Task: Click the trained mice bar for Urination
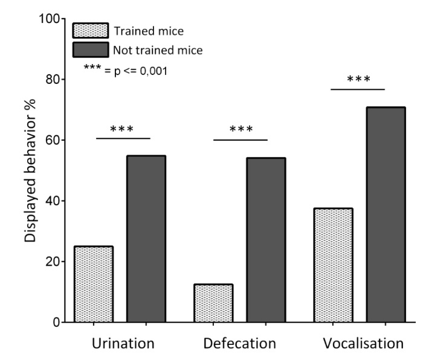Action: pyautogui.click(x=93, y=284)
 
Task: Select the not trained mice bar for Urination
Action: pyautogui.click(x=146, y=239)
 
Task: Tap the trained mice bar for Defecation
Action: pyautogui.click(x=213, y=303)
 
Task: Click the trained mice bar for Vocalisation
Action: pyautogui.click(x=333, y=265)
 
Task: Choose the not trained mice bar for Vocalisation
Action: pyautogui.click(x=386, y=214)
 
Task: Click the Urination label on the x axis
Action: pyautogui.click(x=123, y=344)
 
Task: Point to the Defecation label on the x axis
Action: pyautogui.click(x=240, y=344)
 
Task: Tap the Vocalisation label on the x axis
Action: pyautogui.click(x=363, y=344)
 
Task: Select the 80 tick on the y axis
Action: pyautogui.click(x=55, y=79)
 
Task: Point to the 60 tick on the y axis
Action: pyautogui.click(x=55, y=140)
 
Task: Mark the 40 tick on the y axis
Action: pyautogui.click(x=55, y=201)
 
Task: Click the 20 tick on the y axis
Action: pyautogui.click(x=55, y=262)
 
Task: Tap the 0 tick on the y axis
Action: pyautogui.click(x=58, y=322)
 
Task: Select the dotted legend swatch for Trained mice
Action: pyautogui.click(x=90, y=30)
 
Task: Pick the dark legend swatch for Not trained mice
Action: pyautogui.click(x=90, y=50)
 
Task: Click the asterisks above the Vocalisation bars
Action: pyautogui.click(x=358, y=80)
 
